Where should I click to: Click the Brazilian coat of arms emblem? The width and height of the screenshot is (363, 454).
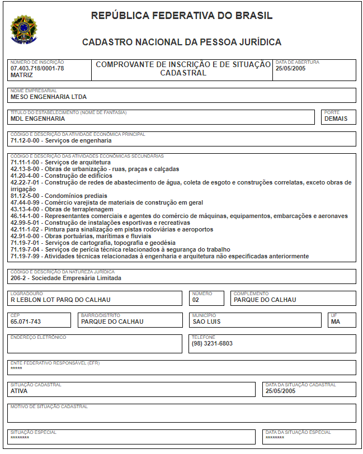coord(23,29)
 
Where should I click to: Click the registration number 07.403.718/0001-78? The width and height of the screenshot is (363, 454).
coord(37,68)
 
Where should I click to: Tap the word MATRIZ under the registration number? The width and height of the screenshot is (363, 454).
coord(22,75)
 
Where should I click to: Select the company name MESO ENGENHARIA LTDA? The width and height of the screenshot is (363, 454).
coord(49,97)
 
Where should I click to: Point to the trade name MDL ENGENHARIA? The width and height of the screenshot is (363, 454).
coord(37,119)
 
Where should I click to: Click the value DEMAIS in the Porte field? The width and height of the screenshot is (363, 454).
coord(336,119)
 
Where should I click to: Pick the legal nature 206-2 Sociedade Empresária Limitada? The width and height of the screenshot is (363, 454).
coord(65,278)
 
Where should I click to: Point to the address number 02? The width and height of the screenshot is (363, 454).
coord(196,300)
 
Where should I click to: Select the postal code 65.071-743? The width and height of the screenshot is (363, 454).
coord(26,321)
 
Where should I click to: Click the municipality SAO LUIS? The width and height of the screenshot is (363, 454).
coord(206,321)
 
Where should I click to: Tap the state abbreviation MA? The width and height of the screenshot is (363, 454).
coord(336,321)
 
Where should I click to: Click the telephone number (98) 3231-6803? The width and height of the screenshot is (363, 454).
coord(213,343)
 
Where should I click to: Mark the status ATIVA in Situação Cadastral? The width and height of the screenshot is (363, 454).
coord(19,391)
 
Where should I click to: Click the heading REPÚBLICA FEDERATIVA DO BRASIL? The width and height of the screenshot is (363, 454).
coord(182,16)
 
